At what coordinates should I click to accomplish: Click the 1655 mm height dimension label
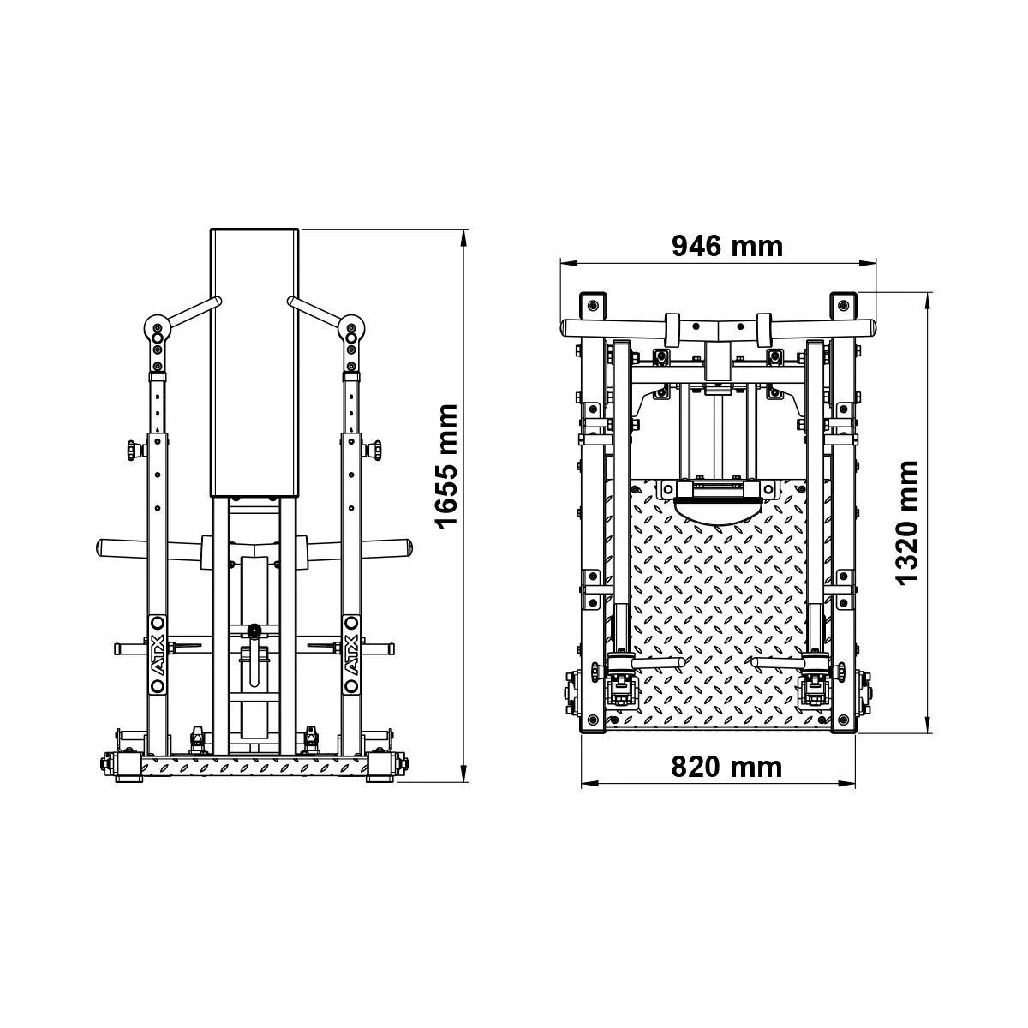coord(447,467)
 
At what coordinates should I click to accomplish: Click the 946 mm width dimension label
coord(726,247)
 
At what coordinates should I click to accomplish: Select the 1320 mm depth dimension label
coord(908,523)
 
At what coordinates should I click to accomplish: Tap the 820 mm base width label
coord(726,767)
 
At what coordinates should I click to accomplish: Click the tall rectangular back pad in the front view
coord(254,363)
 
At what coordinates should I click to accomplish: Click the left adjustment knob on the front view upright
coord(134,449)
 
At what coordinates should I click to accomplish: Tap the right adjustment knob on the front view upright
coord(373,449)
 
